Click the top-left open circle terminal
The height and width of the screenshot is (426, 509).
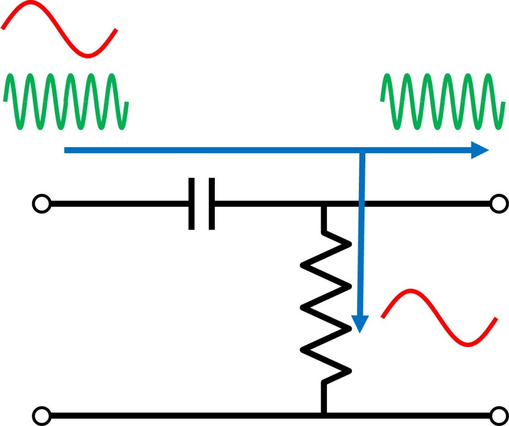point(41,203)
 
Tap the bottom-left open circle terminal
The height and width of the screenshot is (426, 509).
point(41,415)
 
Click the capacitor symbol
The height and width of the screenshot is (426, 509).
point(202,203)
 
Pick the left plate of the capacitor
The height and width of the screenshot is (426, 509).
point(192,203)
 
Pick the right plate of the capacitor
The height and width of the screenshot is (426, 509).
point(212,203)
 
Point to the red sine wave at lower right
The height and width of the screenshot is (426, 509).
point(439,318)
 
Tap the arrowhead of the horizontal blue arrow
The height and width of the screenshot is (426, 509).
point(480,150)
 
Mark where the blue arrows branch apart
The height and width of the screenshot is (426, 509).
point(362,150)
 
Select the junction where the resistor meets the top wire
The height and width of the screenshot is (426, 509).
point(324,204)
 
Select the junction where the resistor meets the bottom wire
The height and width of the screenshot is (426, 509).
point(324,414)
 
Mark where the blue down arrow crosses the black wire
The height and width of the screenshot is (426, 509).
point(361,203)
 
